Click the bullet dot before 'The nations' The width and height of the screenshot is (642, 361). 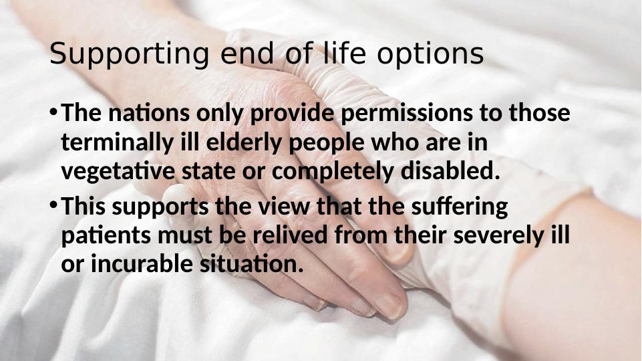tap(53, 112)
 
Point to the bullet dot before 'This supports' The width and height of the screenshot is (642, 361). tap(53, 204)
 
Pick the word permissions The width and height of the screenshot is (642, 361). tap(407, 114)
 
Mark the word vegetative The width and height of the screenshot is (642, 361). tap(118, 172)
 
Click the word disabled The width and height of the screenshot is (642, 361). tap(450, 170)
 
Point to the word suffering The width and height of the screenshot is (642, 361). tap(460, 207)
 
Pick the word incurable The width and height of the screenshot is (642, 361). tap(142, 263)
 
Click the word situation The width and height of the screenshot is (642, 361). tap(251, 263)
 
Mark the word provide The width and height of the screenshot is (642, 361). tap(292, 114)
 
